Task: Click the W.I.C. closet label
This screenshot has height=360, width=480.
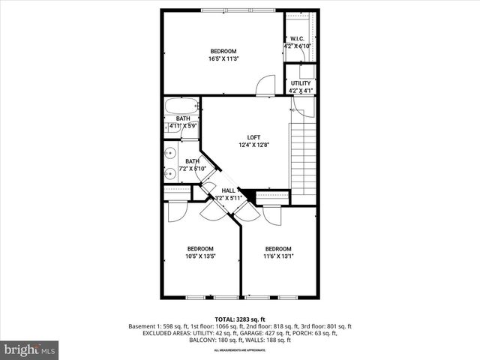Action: (x=297, y=38)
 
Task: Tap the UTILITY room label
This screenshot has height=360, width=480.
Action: (x=301, y=83)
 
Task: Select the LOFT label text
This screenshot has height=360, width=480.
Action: (x=254, y=137)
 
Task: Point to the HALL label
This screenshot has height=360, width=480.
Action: (x=228, y=190)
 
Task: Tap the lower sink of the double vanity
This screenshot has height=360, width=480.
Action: (x=171, y=174)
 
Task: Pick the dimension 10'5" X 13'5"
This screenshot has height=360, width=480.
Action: (x=200, y=256)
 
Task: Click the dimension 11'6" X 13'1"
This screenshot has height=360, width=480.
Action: (x=277, y=256)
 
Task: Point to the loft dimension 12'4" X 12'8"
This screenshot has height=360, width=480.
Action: (x=254, y=145)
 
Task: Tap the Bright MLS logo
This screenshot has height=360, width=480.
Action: (x=30, y=349)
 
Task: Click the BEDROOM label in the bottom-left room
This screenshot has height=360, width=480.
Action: (x=200, y=249)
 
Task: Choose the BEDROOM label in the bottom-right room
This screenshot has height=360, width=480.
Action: (x=277, y=249)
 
